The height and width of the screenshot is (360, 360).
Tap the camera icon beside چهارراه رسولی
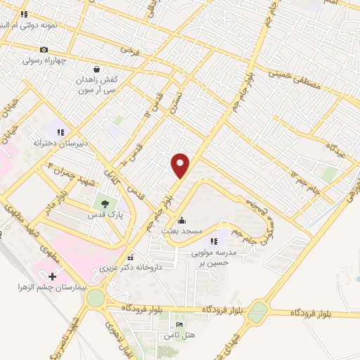[44, 49]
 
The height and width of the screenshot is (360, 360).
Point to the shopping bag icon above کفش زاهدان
[105, 70]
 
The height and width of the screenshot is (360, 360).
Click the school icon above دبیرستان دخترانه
[61, 131]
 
